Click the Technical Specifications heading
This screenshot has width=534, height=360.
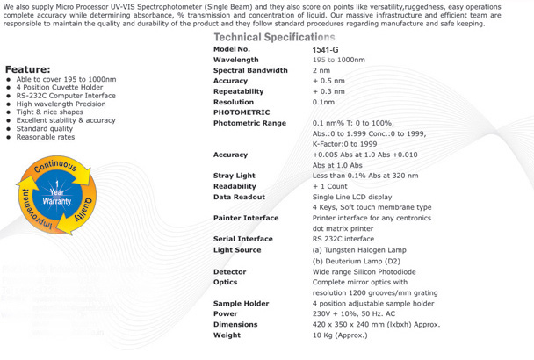pos(274,38)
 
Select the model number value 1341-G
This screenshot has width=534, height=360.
pos(325,50)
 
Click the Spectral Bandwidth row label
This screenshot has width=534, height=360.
pos(250,70)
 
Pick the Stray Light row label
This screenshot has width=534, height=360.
pos(235,176)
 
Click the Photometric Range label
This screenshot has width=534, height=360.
pos(249,123)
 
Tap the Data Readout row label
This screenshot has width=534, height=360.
pos(241,197)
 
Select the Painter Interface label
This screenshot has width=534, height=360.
pos(246,218)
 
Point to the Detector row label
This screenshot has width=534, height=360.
pos(230,272)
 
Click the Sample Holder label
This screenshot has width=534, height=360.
pos(242,303)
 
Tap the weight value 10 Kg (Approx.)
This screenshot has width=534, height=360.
pos(342,335)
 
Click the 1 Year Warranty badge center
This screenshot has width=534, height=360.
pos(55,196)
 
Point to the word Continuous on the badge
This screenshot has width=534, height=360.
pos(54,166)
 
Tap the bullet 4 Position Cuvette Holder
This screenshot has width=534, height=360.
pos(57,88)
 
